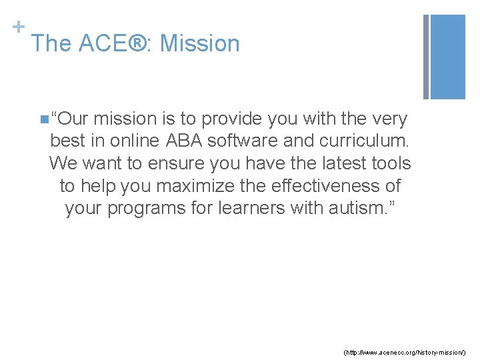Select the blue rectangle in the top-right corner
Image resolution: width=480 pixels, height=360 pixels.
coord(449,57)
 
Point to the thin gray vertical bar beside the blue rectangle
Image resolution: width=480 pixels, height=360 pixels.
coord(426,57)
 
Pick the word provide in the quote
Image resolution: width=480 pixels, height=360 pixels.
coord(230,119)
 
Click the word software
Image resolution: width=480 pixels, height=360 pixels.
coord(250,141)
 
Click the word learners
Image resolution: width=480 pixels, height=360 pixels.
coord(254,208)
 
